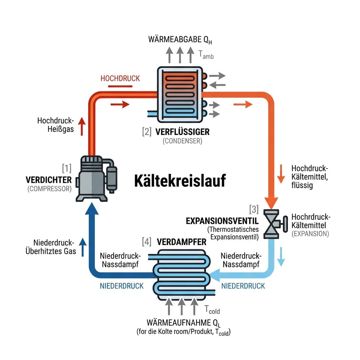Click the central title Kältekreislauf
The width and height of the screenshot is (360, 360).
pyautogui.click(x=180, y=182)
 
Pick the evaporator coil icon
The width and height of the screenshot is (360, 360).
pyautogui.click(x=181, y=274)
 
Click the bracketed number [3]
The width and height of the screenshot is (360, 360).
pyautogui.click(x=253, y=210)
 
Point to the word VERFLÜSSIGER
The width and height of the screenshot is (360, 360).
pyautogui.click(x=182, y=132)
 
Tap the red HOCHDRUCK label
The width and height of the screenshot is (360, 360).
pyautogui.click(x=120, y=78)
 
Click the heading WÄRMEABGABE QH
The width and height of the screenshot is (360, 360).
pyautogui.click(x=180, y=39)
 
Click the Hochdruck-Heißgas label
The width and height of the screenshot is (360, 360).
pyautogui.click(x=55, y=125)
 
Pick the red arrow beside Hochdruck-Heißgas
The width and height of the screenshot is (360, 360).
pyautogui.click(x=82, y=127)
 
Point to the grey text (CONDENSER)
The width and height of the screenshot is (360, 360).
pyautogui.click(x=182, y=141)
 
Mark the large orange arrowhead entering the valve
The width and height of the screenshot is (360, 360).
pyautogui.click(x=271, y=203)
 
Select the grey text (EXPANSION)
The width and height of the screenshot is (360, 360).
pyautogui.click(x=310, y=233)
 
